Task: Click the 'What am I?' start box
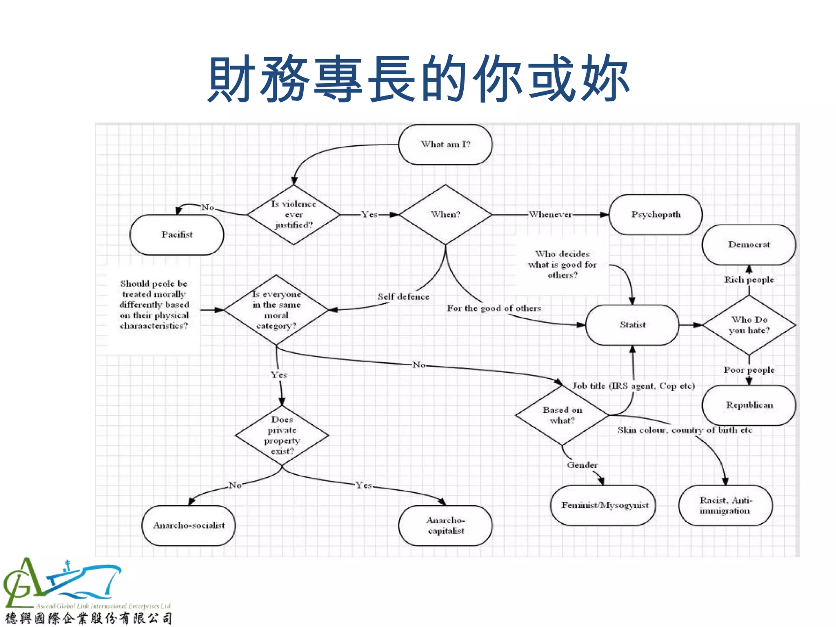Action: point(445,145)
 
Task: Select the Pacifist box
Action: point(177,235)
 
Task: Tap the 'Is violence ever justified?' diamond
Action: point(293,215)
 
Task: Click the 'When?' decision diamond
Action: point(445,215)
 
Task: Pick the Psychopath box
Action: point(656,215)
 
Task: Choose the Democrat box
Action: point(749,245)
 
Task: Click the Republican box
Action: point(749,405)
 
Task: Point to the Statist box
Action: point(632,325)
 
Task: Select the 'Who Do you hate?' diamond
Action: point(749,325)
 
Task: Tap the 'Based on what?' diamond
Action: point(562,415)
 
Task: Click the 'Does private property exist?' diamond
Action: point(282,435)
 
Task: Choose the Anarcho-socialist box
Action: point(189,525)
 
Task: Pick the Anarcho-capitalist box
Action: point(445,525)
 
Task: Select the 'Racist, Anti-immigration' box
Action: point(725,505)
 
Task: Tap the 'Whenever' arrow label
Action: point(550,215)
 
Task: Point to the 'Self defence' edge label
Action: point(403,297)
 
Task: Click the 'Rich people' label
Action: point(749,280)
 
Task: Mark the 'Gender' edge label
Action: point(582,465)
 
